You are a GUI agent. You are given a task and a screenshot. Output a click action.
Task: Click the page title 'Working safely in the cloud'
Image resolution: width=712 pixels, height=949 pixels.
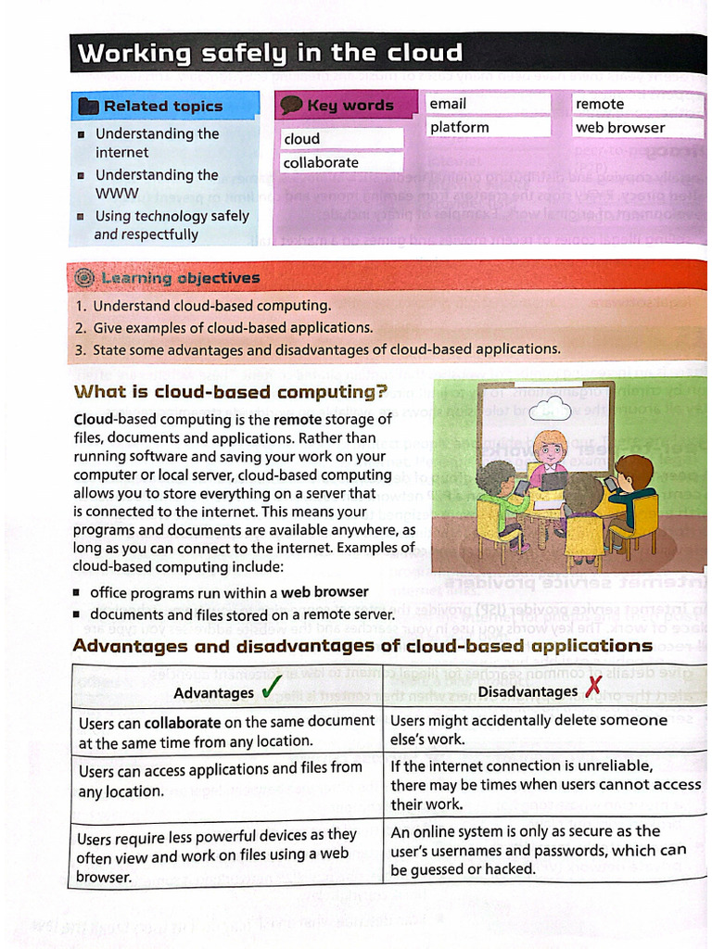[269, 53]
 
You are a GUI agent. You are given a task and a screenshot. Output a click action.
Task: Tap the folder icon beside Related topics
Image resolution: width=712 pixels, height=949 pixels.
[88, 106]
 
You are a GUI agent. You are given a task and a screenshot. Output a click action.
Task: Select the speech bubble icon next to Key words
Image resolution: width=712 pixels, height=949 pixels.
[291, 105]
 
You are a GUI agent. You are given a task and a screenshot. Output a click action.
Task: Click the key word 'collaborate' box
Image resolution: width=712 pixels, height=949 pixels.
[342, 162]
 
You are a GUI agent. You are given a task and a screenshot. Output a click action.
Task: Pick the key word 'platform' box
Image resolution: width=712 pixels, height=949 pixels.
[489, 127]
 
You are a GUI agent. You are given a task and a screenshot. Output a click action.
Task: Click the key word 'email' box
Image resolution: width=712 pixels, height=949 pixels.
[489, 104]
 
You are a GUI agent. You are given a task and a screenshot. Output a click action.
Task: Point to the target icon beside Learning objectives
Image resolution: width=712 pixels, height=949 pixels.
[84, 277]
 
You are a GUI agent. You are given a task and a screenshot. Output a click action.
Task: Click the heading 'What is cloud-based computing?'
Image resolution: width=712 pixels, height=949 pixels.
[230, 391]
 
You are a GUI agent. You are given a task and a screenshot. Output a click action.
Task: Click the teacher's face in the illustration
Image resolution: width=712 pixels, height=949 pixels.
[550, 450]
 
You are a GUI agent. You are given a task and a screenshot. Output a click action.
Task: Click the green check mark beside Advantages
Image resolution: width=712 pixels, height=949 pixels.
[272, 689]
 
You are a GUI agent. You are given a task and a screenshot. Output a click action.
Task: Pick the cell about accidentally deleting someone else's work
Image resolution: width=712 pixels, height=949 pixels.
[542, 729]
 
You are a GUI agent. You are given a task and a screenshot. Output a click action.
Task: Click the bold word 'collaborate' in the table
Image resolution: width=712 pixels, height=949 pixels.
[183, 721]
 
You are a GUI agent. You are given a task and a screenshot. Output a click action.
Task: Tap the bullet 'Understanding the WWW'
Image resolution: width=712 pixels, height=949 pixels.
[156, 183]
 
